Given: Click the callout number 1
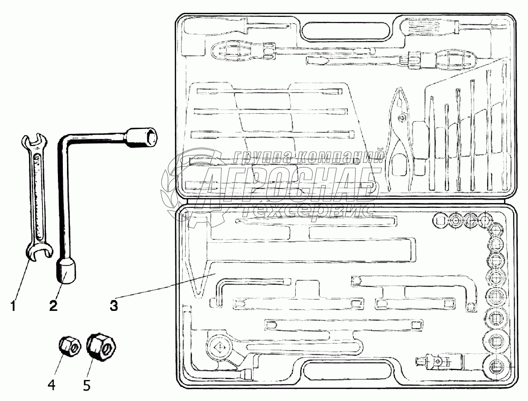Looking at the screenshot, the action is (14, 306).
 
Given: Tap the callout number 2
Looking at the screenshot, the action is (53, 306).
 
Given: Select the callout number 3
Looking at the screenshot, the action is (114, 306).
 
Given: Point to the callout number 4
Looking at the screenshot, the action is (51, 385).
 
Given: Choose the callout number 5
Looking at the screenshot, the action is (86, 385).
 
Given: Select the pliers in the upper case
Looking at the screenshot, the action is (400, 132).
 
